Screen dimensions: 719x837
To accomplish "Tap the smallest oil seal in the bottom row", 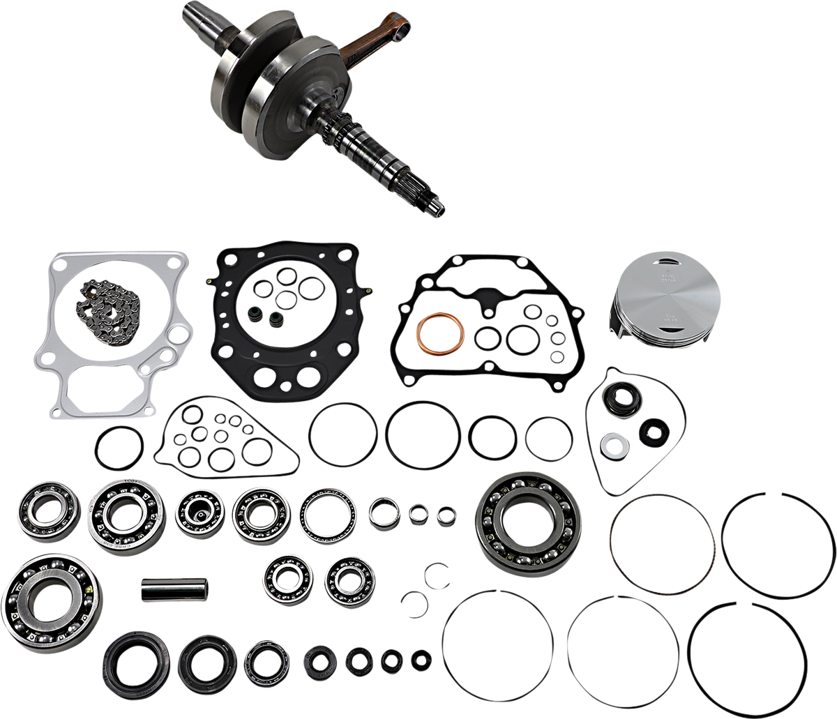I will coord(421,658).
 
